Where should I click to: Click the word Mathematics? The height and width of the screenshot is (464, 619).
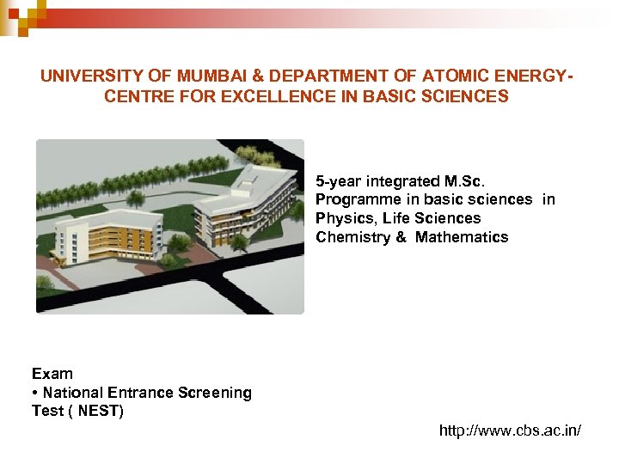point(462,237)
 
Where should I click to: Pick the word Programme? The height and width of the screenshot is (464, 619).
point(353,199)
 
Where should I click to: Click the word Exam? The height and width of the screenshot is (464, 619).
point(52,374)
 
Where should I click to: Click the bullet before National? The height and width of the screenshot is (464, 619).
point(34,393)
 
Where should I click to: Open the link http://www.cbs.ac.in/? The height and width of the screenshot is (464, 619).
point(510,430)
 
